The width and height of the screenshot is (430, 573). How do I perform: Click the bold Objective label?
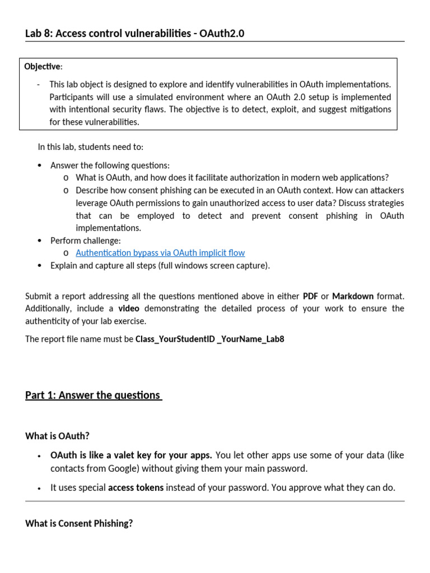(43, 67)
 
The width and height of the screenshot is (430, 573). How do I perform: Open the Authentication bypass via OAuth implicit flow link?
(160, 252)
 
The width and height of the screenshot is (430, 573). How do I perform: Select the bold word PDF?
(310, 295)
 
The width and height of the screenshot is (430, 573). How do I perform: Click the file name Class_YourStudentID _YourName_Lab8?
(210, 339)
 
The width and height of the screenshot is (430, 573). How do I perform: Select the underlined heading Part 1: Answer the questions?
(93, 395)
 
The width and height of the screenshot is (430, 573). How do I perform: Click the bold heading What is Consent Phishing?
(79, 524)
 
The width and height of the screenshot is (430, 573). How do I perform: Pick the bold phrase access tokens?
(135, 487)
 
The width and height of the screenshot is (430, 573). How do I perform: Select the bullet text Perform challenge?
(85, 240)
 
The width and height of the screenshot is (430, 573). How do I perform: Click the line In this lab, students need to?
(90, 147)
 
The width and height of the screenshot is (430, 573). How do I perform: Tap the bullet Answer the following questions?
(110, 165)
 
